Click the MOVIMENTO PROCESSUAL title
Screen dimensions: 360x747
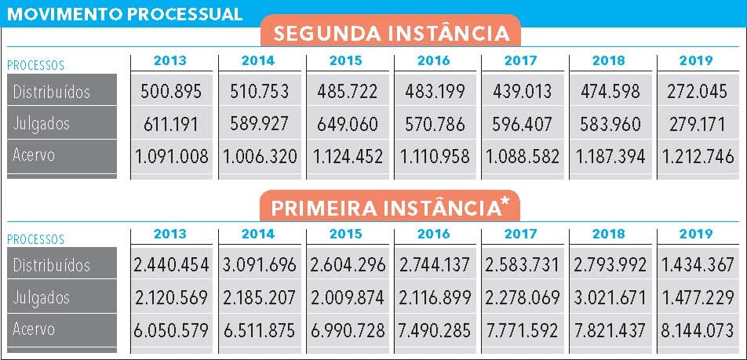click(122, 14)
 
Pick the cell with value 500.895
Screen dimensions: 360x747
click(172, 92)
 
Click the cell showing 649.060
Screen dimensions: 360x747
click(348, 124)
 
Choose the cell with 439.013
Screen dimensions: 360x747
click(523, 92)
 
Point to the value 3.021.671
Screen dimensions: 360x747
click(610, 298)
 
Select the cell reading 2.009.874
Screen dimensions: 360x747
click(348, 298)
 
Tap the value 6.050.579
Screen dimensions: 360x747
click(172, 330)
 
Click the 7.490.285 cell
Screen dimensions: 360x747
click(435, 330)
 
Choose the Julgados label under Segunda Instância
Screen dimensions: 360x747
click(42, 124)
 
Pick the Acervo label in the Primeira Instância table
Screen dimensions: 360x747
click(35, 329)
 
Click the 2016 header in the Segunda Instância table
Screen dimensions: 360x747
click(433, 60)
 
